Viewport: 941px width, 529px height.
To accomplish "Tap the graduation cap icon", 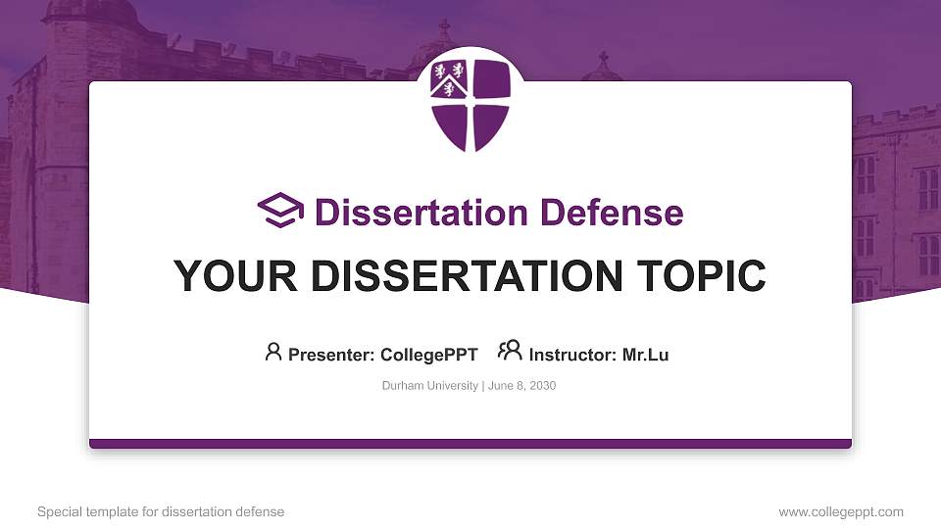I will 280,211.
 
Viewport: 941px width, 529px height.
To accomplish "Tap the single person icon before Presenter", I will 273,352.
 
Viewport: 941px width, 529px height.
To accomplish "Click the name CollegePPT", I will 428,355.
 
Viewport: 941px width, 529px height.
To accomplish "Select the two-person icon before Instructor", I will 510,352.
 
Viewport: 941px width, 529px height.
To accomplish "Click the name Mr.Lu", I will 645,355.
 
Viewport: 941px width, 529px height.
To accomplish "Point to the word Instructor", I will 572,355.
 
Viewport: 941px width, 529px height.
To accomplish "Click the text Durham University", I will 429,386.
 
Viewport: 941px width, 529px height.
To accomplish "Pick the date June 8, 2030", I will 520,386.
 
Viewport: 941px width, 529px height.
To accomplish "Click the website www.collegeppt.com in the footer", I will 841,511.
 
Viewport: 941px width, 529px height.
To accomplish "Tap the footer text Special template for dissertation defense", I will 161,511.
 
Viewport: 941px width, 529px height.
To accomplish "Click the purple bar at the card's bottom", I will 470,444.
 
